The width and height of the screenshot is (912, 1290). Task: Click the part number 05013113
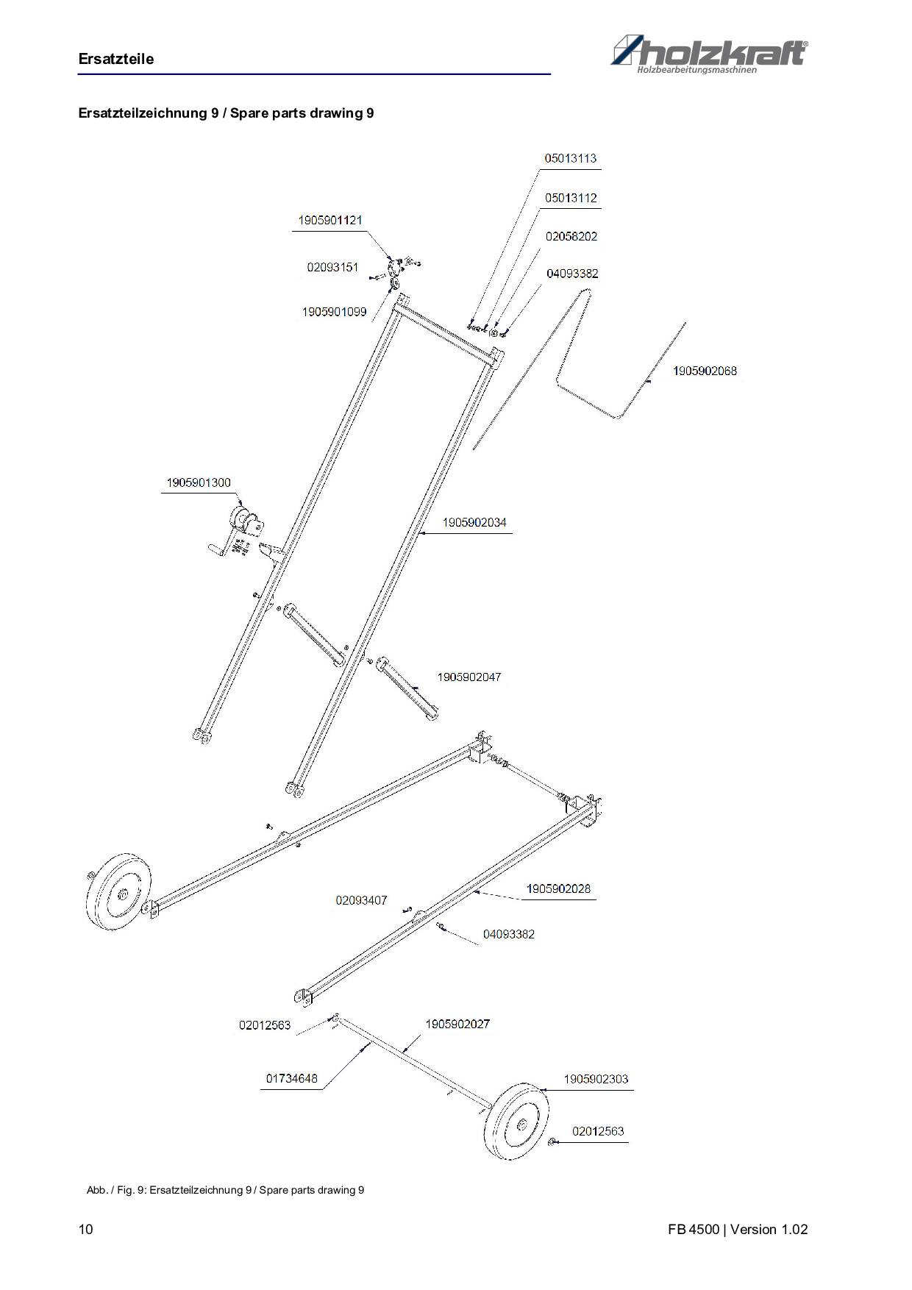(x=571, y=158)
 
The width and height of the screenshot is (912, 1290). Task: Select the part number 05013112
(x=571, y=198)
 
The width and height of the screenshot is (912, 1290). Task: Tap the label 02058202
(x=571, y=236)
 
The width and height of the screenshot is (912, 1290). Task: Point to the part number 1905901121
(x=330, y=220)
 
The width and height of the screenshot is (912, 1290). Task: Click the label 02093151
(x=333, y=267)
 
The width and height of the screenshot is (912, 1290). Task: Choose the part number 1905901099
(x=334, y=312)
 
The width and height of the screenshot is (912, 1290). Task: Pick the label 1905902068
(x=705, y=371)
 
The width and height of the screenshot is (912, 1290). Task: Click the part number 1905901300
(x=199, y=482)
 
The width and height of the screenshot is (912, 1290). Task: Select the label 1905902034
(x=474, y=522)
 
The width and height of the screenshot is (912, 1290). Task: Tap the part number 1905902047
(x=469, y=677)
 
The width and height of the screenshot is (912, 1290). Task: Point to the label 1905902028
(x=558, y=888)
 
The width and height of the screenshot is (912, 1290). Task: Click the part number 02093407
(x=361, y=900)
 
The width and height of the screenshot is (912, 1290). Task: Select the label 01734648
(x=292, y=1078)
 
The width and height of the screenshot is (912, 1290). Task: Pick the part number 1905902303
(x=596, y=1079)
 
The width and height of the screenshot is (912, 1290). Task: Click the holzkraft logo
(x=710, y=54)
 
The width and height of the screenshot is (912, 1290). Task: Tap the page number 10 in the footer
(x=86, y=1230)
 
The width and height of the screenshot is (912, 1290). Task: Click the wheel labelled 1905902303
(x=519, y=1122)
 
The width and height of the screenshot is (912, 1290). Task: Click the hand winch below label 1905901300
(x=239, y=533)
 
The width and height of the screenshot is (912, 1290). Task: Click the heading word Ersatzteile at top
(x=116, y=59)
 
